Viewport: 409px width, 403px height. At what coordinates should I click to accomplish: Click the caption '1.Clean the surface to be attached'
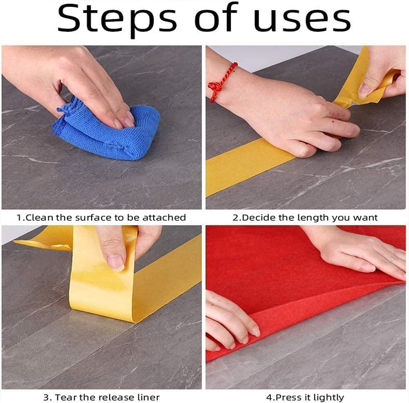click(x=101, y=217)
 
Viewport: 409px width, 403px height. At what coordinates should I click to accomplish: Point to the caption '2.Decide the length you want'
click(x=305, y=217)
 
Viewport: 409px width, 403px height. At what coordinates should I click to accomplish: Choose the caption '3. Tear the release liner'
click(x=101, y=397)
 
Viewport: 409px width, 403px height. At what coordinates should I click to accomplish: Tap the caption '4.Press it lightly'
click(x=305, y=397)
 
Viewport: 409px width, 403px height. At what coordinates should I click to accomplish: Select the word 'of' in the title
click(x=220, y=20)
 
